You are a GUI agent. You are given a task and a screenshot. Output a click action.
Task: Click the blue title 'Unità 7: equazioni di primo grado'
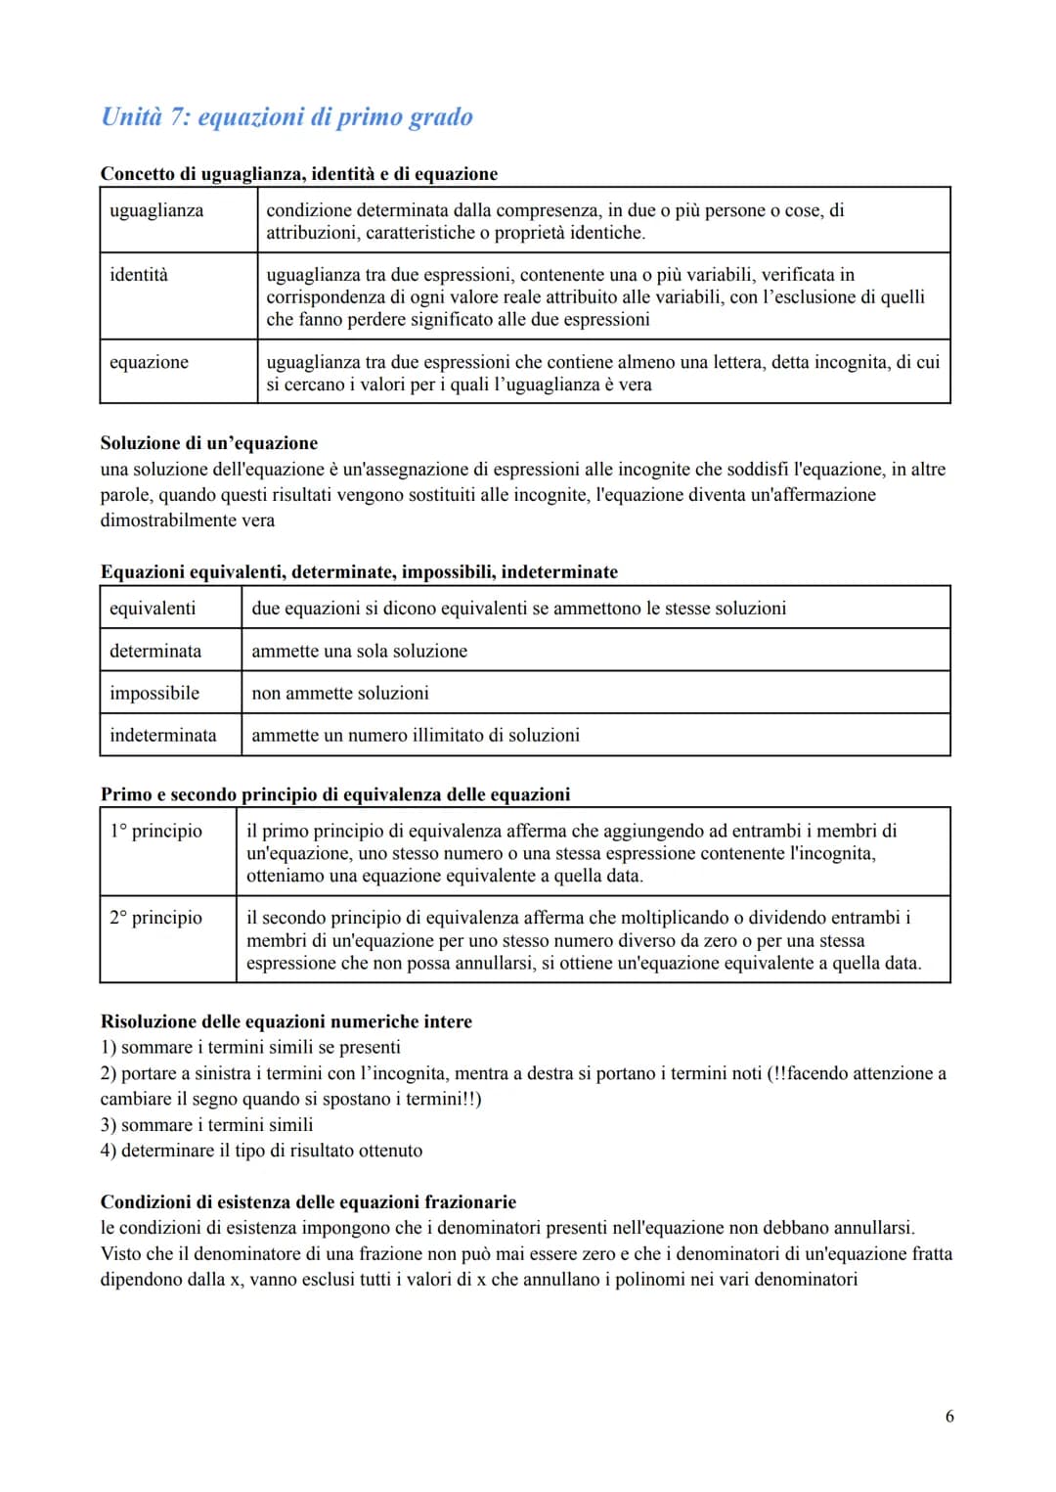(286, 117)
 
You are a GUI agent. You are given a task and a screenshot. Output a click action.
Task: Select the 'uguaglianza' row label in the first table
(156, 210)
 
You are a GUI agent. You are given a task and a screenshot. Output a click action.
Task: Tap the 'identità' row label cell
(139, 275)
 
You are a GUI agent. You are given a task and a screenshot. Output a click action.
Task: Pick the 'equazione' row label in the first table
(149, 362)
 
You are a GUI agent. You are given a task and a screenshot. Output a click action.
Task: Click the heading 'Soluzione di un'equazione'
(209, 443)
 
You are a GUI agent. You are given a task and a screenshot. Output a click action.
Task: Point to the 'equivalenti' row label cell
(153, 609)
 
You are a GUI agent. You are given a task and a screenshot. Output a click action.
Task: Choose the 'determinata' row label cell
(155, 651)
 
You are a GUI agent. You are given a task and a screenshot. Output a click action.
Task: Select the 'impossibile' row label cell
(154, 693)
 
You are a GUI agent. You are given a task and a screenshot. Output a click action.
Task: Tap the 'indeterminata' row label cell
(163, 735)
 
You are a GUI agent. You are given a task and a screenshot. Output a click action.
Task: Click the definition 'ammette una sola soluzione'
(359, 651)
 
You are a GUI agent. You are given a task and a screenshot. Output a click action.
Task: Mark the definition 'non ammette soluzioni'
(340, 693)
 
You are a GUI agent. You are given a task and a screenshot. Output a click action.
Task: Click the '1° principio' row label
(156, 831)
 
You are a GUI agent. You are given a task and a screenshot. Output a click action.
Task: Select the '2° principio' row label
(156, 918)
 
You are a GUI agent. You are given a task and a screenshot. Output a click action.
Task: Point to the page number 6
(949, 1416)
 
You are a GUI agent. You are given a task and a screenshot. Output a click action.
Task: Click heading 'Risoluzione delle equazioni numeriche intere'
(286, 1021)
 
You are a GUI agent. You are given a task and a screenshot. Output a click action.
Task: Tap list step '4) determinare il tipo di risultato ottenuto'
(261, 1151)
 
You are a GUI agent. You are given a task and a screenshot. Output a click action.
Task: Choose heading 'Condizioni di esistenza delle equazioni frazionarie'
(308, 1202)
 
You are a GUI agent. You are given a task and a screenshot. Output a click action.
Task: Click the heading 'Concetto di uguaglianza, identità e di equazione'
(299, 174)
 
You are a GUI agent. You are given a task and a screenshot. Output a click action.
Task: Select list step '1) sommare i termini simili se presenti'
(250, 1047)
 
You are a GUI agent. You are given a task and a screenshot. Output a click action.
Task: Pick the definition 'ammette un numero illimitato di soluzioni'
(416, 735)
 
